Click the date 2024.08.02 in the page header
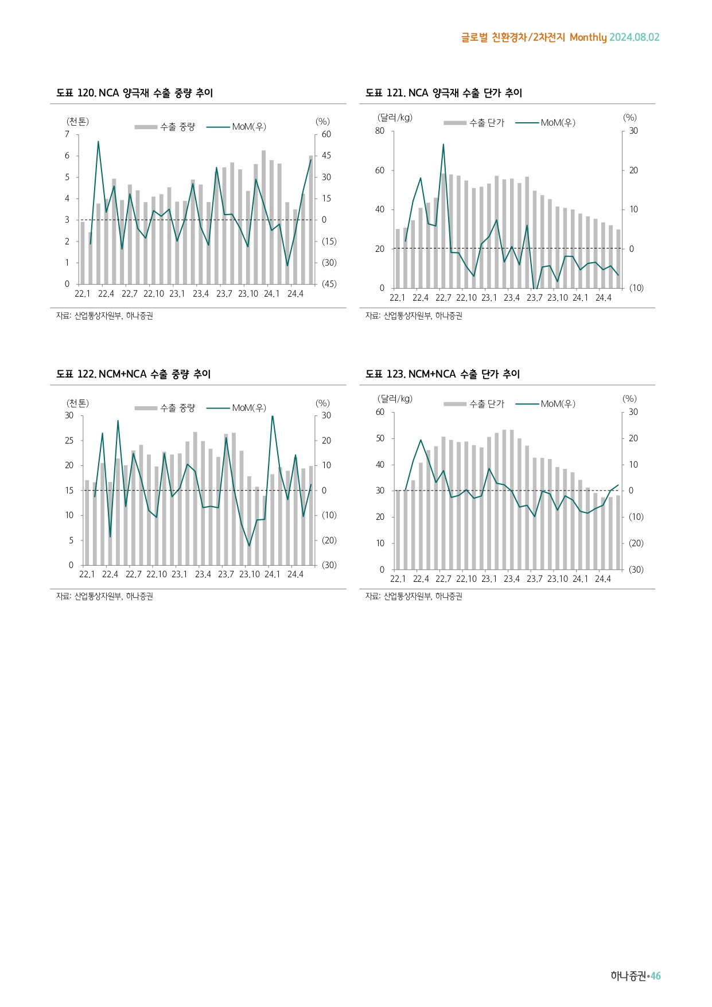coord(634,37)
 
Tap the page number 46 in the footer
coord(655,975)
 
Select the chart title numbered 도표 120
coord(134,93)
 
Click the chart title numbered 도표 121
coord(443,93)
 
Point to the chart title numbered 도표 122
coord(133,374)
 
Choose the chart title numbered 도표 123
coord(442,374)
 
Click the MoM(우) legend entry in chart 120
coord(248,127)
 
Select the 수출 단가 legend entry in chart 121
coord(486,123)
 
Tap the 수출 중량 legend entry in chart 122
coord(177,408)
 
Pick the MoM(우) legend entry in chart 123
coord(557,404)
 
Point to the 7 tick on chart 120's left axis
coord(67,134)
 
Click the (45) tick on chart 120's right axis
coord(329,284)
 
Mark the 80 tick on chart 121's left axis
coord(380,131)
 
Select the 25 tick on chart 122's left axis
coord(69,441)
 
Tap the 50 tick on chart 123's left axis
coord(380,438)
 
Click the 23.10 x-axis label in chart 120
coord(248,294)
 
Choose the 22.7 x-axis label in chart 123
coord(443,579)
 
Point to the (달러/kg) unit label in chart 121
coord(395,118)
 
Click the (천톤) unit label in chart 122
coord(77,403)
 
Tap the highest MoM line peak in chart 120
coord(98,141)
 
